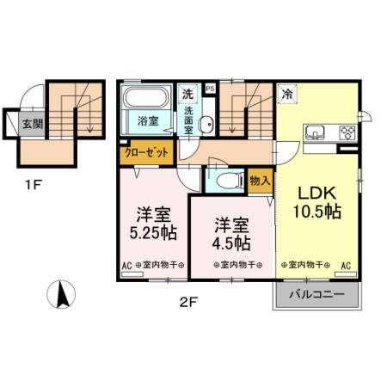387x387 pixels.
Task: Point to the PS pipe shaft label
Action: click(x=210, y=89)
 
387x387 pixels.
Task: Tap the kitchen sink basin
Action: click(x=314, y=132)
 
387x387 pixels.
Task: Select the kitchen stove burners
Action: click(x=347, y=132)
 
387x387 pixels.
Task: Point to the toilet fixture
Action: click(x=225, y=180)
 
